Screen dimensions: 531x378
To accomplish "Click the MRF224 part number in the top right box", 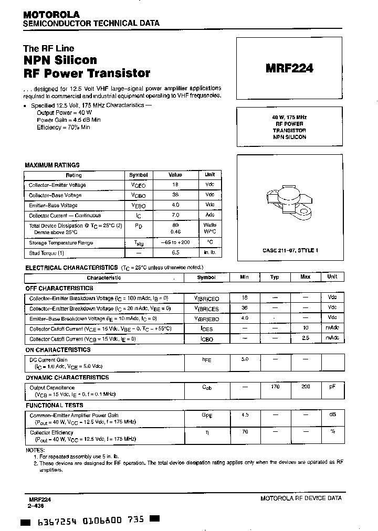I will (290, 68).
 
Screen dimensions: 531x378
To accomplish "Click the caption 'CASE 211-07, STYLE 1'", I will (290, 250).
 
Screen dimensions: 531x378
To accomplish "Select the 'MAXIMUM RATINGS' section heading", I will (52, 165).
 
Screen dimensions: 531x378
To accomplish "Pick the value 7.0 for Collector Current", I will (175, 215).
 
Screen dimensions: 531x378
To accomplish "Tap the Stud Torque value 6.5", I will (175, 252).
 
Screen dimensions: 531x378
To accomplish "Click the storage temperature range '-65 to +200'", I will (175, 242).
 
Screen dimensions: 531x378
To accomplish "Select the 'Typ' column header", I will (275, 277).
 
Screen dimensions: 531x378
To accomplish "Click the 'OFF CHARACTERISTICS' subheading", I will (59, 288).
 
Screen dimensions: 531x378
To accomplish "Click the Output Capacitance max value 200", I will (305, 387).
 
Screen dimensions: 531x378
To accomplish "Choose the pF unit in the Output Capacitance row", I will (332, 387).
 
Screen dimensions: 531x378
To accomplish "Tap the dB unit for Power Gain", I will (332, 415).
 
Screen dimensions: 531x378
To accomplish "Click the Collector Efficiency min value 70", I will (244, 432).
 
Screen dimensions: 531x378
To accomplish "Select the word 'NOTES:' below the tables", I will (35, 450).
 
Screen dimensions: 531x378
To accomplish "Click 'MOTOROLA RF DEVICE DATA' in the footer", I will (301, 498).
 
